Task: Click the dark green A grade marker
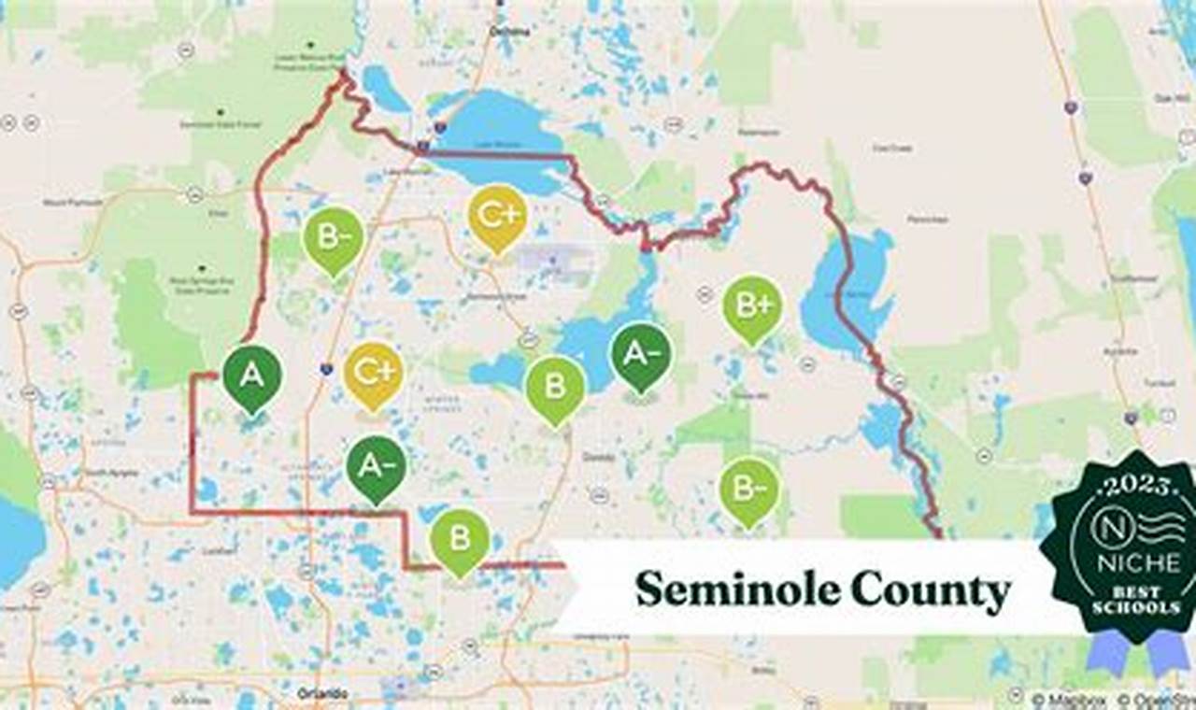252,376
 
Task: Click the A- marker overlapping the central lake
640,354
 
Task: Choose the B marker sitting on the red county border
459,539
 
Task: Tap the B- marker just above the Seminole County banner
748,489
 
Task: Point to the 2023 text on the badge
1138,485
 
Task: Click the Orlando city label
323,693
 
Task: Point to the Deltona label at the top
509,31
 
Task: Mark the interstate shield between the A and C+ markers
325,369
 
